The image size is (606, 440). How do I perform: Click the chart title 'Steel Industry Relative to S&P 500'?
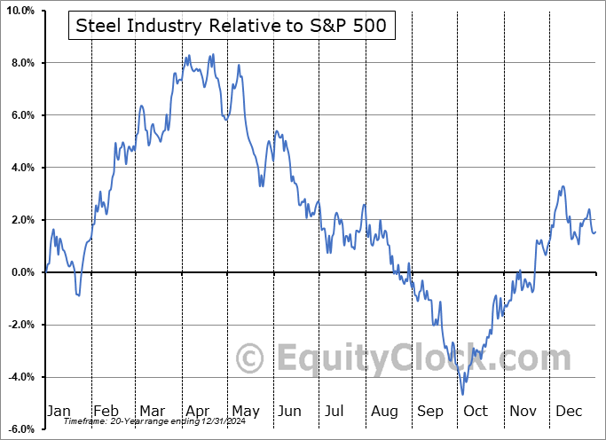point(231,26)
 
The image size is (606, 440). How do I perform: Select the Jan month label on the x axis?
point(58,411)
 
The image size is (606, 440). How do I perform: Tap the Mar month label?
point(152,411)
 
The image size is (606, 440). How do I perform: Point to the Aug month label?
point(384,411)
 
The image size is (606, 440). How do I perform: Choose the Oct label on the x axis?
point(476,411)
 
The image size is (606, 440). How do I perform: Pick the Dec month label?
point(570,411)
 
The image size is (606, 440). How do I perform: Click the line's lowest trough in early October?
point(463,394)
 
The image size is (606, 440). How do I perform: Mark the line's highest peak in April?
point(212,55)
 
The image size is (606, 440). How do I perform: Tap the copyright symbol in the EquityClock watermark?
point(250,359)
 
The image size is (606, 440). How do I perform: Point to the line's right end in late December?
point(595,232)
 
